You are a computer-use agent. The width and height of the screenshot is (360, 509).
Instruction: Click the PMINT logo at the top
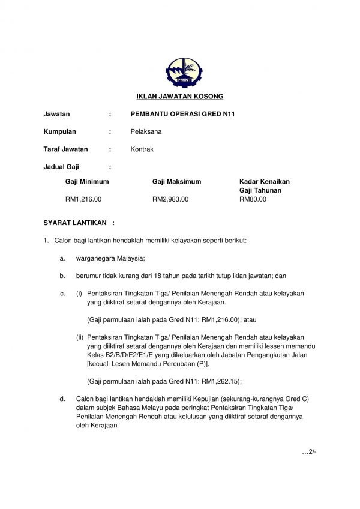(179, 72)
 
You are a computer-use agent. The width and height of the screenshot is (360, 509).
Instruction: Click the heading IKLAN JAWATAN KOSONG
(179, 96)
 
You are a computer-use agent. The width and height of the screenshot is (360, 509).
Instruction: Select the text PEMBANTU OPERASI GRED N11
(182, 113)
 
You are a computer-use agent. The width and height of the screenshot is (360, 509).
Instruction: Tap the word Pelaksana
(146, 131)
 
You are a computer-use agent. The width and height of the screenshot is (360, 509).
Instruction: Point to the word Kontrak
(142, 149)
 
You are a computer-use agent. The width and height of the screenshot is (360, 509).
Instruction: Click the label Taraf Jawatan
(65, 149)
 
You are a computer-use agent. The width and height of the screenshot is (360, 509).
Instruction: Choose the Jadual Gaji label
(61, 167)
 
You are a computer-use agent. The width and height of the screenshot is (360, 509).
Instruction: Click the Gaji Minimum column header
(87, 181)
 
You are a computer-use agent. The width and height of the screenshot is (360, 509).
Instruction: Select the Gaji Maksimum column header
(176, 181)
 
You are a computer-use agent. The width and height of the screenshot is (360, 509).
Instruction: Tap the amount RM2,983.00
(170, 199)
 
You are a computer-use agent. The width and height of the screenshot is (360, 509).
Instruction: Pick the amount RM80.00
(253, 199)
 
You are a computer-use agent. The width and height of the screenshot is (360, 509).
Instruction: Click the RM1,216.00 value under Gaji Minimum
(83, 199)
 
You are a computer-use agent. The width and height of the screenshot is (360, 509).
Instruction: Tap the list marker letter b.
(62, 276)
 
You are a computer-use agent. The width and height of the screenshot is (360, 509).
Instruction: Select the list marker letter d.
(62, 399)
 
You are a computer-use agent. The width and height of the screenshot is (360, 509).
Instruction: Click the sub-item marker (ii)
(79, 337)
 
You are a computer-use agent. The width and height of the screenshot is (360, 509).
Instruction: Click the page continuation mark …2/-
(308, 451)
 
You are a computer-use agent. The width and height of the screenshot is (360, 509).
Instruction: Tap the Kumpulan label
(60, 131)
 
